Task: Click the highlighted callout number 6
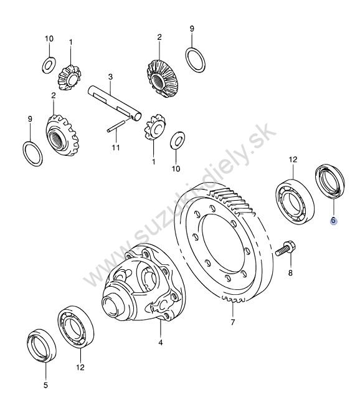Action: pos(333,220)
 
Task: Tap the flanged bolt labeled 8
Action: pos(286,248)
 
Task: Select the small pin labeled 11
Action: pos(115,126)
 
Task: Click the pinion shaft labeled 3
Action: pos(115,103)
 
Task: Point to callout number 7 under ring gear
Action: pos(233,322)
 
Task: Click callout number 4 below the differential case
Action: pos(161,343)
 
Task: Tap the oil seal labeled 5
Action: pos(42,345)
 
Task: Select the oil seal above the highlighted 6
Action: pos(329,181)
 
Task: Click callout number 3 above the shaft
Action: pos(110,77)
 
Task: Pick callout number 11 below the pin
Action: pos(115,147)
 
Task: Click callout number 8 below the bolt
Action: pos(290,273)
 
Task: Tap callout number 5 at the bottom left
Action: pos(45,385)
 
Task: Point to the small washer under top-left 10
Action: pos(49,65)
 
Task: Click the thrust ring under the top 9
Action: pos(196,60)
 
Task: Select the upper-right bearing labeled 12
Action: pos(295,202)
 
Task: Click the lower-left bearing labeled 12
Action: pos(76,327)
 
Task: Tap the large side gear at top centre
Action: pos(161,79)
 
